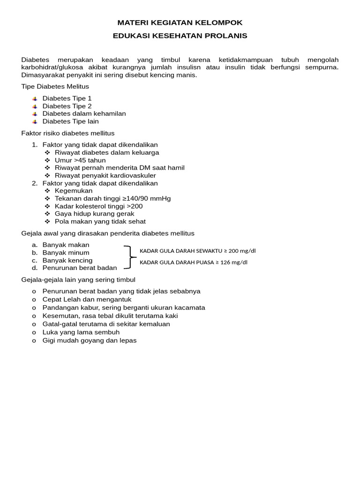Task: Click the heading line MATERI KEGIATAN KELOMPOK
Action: (180, 22)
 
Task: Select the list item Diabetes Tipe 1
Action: (67, 98)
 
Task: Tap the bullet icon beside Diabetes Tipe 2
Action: (35, 106)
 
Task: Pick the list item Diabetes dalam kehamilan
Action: (84, 114)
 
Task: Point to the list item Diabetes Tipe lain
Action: (70, 121)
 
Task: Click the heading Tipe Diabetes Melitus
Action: (55, 87)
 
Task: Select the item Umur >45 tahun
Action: (80, 160)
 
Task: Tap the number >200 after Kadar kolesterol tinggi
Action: (135, 206)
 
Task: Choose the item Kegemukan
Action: (74, 191)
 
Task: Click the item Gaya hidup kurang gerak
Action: (94, 214)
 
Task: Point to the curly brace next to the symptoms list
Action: (129, 257)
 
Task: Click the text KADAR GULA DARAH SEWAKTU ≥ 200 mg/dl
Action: (197, 251)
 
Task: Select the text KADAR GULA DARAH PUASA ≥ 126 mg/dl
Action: (193, 262)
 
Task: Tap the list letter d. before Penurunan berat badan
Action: (35, 268)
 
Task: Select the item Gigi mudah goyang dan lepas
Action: (89, 340)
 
